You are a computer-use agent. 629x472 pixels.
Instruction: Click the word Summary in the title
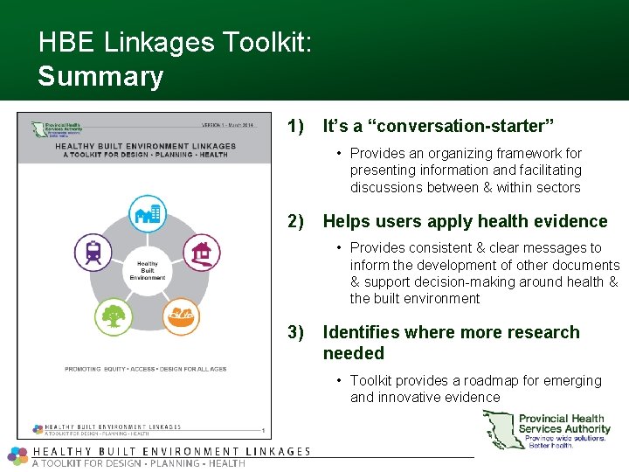click(100, 76)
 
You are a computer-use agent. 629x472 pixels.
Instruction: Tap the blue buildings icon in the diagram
click(147, 213)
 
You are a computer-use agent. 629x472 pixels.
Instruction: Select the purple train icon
click(93, 253)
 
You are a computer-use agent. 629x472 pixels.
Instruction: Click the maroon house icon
click(201, 253)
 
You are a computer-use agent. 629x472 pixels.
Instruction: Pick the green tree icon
click(112, 314)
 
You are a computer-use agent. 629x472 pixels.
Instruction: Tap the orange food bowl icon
click(182, 315)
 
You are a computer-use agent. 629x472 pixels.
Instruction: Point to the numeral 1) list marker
click(295, 127)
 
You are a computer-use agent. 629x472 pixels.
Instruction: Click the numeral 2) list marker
click(295, 221)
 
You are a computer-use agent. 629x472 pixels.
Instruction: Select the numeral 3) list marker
click(295, 332)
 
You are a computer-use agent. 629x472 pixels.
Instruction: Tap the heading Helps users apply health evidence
click(465, 221)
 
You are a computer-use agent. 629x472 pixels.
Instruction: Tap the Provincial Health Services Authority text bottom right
click(564, 424)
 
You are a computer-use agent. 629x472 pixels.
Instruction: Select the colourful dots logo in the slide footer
click(17, 455)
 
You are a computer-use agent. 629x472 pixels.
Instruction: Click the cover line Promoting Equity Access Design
click(145, 369)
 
